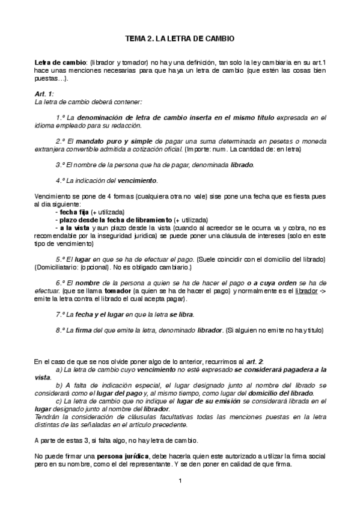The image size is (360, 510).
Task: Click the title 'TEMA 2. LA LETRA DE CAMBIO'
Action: (x=180, y=38)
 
